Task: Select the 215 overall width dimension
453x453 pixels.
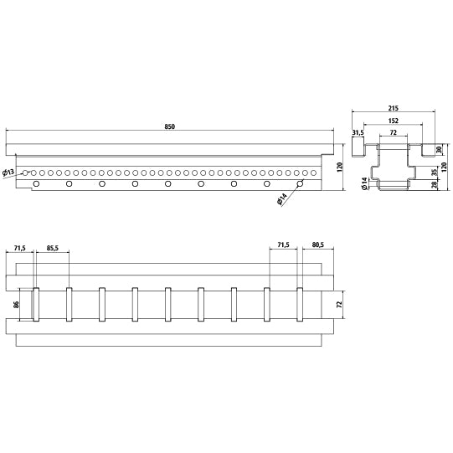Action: tap(394, 108)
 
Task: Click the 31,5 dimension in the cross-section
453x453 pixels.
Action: tap(358, 131)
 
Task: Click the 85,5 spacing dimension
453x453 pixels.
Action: tap(52, 248)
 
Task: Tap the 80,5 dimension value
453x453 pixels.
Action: tap(317, 245)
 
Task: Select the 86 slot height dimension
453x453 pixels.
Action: tap(16, 305)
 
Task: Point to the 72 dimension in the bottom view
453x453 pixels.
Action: tap(337, 306)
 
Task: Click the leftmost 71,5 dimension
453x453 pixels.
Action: tap(20, 248)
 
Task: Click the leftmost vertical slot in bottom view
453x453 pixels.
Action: tap(36, 305)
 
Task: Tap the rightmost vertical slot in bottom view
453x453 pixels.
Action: tap(299, 305)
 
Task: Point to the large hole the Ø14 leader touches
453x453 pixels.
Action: tap(299, 183)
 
